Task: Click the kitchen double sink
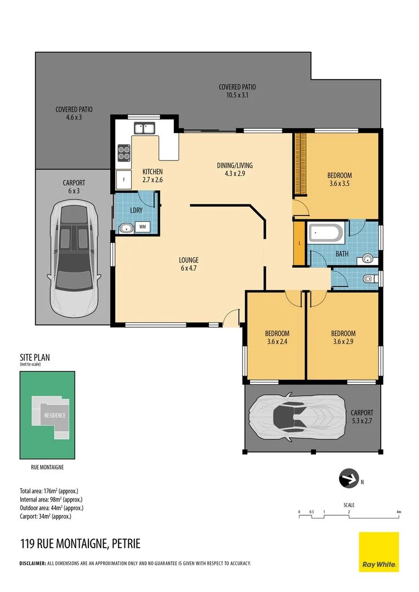[x=145, y=129]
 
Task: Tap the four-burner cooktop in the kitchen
[x=124, y=152]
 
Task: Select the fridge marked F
[x=124, y=179]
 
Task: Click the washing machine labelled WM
[x=143, y=226]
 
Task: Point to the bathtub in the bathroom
[x=326, y=234]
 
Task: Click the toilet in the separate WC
[x=371, y=279]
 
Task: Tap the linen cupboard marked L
[x=299, y=243]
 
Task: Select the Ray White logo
[x=378, y=552]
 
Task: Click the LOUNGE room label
[x=188, y=260]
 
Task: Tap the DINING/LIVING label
[x=234, y=166]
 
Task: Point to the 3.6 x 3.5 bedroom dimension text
[x=338, y=184]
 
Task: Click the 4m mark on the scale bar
[x=399, y=512]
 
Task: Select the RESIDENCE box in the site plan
[x=55, y=415]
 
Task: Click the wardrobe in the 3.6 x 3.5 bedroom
[x=300, y=163]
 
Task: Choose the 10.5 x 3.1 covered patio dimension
[x=237, y=95]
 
